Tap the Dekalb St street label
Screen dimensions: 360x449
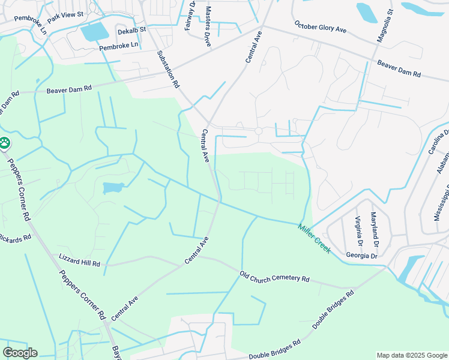tap(132, 30)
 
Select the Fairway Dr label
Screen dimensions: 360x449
tap(190, 16)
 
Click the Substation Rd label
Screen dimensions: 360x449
tap(168, 70)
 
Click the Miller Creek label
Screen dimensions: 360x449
tap(314, 238)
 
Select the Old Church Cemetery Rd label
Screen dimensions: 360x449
tap(274, 277)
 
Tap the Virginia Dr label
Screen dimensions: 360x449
tap(358, 230)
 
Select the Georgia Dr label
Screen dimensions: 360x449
tap(361, 255)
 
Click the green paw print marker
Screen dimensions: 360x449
tap(5, 143)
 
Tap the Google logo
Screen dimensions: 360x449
tap(20, 353)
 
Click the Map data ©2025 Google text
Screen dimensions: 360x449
tap(411, 355)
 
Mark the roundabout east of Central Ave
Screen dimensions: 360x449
tap(259, 131)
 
